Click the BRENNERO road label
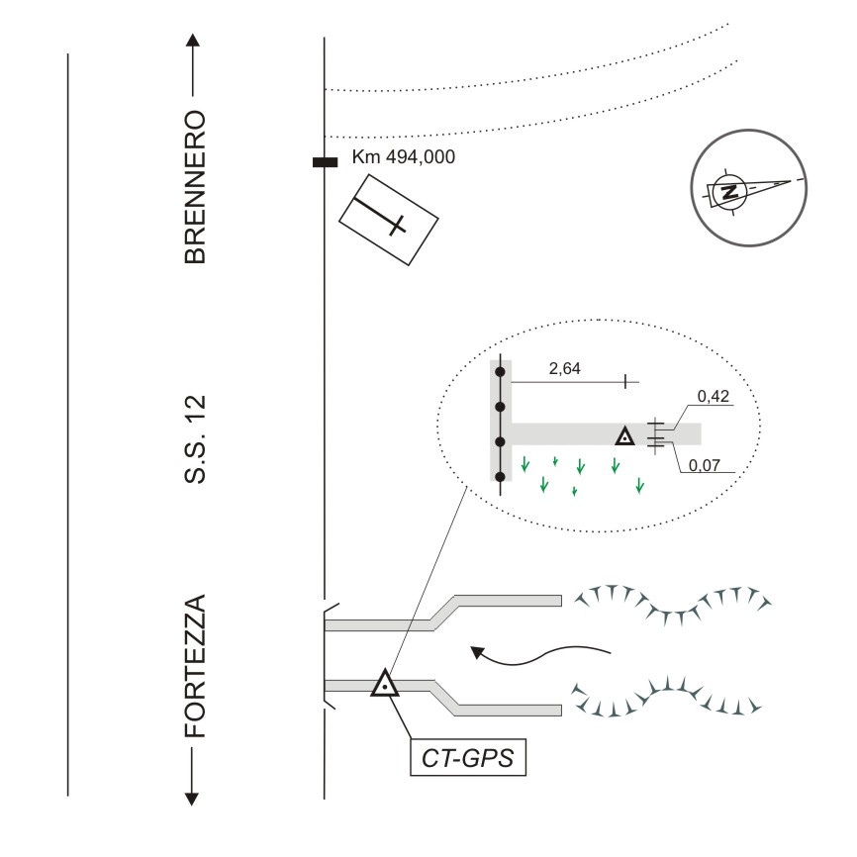click(195, 186)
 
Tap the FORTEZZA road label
click(195, 666)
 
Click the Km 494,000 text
click(404, 157)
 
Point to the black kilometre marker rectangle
click(326, 162)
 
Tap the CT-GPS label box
click(467, 760)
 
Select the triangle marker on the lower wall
click(384, 684)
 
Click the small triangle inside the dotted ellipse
click(624, 435)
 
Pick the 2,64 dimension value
click(565, 369)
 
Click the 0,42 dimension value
click(713, 397)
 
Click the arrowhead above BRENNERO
click(194, 42)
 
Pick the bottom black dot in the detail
click(501, 478)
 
